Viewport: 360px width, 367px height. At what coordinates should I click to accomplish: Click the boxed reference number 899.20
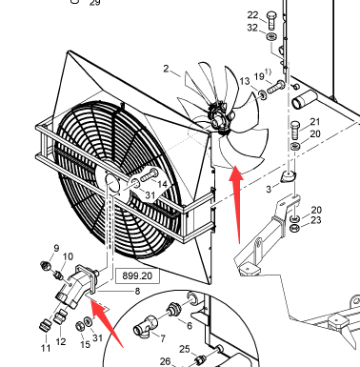[137, 275]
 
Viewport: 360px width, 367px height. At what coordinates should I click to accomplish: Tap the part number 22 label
[252, 15]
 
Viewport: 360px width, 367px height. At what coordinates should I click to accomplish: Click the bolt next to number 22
[271, 20]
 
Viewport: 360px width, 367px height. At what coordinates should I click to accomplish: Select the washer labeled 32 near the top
[270, 37]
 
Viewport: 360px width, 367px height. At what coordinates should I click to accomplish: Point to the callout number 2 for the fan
[166, 69]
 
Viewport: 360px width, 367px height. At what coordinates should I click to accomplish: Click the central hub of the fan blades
[217, 118]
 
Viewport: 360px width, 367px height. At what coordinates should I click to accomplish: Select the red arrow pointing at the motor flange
[107, 322]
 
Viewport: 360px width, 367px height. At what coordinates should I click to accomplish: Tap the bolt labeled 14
[150, 175]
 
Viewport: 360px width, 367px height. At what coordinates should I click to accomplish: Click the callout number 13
[245, 81]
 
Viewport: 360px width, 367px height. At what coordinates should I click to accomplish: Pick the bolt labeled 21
[295, 130]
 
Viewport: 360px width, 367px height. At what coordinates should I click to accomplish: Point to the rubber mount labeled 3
[288, 177]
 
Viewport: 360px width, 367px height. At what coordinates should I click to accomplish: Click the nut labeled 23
[295, 228]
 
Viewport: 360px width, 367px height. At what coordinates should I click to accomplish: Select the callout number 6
[190, 325]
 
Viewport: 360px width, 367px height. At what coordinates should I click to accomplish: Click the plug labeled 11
[45, 325]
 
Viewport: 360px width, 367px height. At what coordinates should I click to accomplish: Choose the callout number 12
[61, 341]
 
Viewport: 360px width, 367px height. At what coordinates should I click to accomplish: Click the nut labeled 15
[80, 325]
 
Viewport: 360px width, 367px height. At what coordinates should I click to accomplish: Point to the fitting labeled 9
[46, 265]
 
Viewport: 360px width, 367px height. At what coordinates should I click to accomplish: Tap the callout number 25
[185, 349]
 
